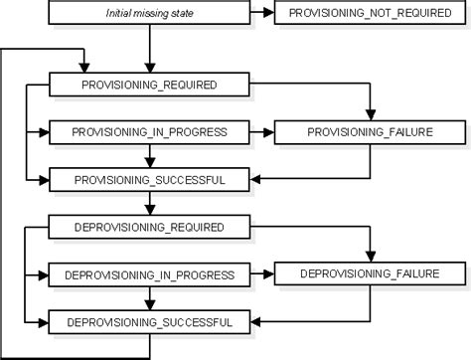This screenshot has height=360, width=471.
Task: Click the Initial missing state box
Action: [148, 14]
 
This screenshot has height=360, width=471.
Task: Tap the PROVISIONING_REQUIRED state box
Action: [148, 86]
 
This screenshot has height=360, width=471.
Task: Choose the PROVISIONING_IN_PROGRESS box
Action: [148, 131]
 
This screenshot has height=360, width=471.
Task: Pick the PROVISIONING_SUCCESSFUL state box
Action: [148, 179]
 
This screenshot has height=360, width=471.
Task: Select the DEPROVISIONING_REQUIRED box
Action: [148, 228]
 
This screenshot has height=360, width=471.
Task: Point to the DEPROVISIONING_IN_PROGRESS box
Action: [148, 273]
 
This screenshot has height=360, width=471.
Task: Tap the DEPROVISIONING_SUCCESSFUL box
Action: [148, 322]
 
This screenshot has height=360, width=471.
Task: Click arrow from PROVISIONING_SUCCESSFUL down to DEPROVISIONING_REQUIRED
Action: [148, 203]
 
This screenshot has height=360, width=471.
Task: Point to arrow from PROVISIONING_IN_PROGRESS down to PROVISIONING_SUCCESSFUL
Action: [148, 155]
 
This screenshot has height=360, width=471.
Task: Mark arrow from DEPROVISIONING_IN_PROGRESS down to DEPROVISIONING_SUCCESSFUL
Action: [148, 297]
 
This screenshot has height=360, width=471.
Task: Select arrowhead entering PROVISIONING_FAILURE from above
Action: [370, 115]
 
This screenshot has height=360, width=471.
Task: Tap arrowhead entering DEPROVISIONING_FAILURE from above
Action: [370, 256]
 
